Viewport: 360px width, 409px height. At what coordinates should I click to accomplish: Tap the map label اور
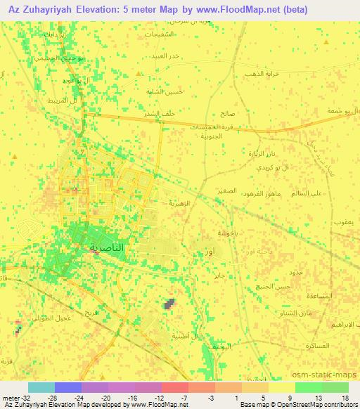tap(209, 251)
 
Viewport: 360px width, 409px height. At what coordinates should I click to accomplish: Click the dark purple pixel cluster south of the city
tap(169, 304)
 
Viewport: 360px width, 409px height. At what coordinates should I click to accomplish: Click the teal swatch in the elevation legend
tap(41, 387)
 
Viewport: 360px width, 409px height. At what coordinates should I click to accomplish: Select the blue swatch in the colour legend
tap(68, 387)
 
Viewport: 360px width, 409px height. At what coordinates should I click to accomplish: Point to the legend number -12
tap(159, 397)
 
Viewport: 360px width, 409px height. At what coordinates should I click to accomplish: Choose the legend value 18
tap(345, 397)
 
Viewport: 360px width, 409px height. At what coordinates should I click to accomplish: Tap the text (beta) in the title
tap(337, 9)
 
